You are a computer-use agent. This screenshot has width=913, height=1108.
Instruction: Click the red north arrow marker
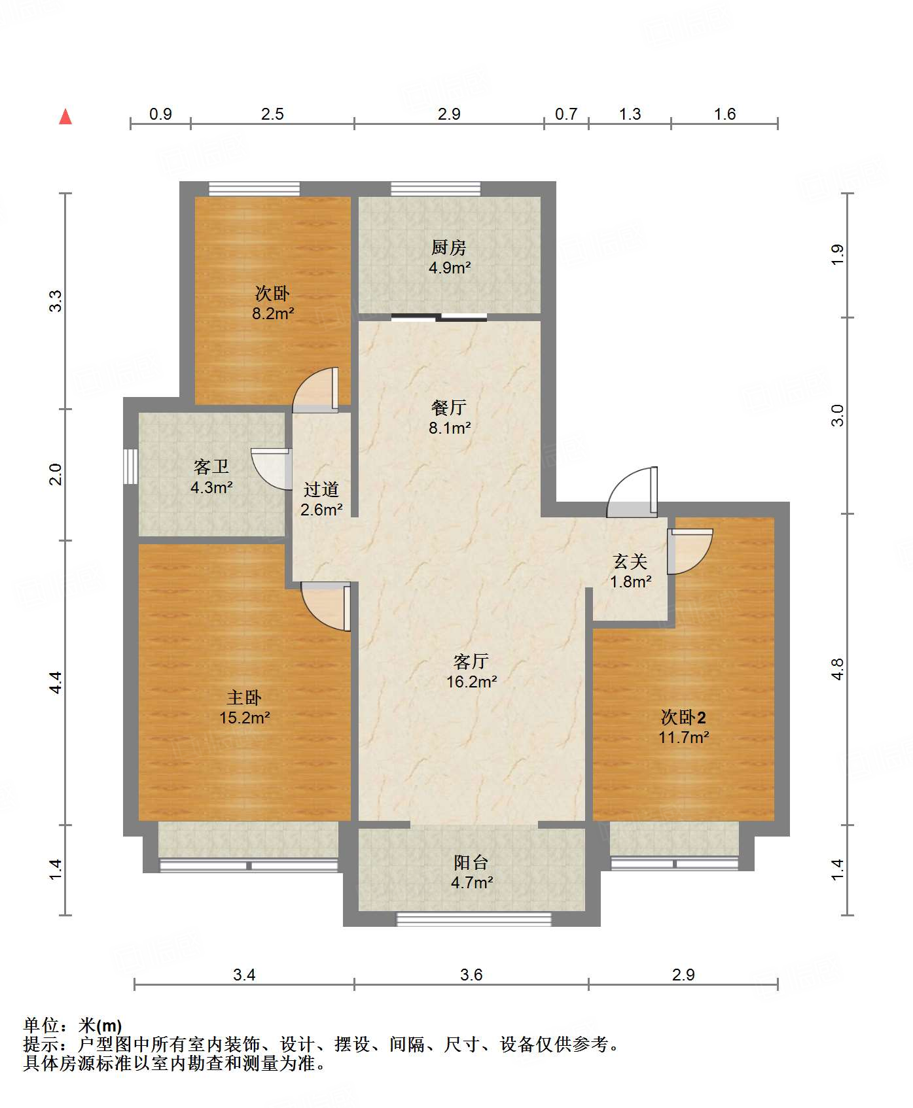(x=65, y=117)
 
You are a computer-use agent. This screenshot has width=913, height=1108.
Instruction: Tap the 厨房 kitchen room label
(x=449, y=248)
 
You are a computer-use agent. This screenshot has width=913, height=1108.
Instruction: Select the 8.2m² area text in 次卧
(x=273, y=313)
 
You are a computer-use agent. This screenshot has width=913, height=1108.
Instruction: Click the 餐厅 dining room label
(x=449, y=408)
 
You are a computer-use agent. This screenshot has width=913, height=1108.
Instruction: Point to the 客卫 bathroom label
(x=211, y=467)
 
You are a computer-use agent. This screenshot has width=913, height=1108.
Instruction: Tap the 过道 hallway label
(x=321, y=489)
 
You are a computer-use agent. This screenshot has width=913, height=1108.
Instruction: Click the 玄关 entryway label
(x=630, y=561)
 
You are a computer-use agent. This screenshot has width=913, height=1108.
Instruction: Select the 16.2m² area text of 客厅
(x=471, y=682)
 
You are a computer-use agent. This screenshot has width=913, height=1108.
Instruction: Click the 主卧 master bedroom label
(x=244, y=698)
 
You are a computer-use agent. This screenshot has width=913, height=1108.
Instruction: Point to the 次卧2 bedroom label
(x=683, y=718)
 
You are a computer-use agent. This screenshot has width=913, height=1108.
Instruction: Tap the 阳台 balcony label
(x=471, y=863)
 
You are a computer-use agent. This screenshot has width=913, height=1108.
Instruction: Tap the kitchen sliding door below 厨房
(x=439, y=318)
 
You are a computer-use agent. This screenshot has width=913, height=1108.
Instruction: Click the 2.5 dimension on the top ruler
(x=272, y=114)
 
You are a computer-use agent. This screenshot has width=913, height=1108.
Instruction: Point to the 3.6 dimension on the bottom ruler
(x=471, y=975)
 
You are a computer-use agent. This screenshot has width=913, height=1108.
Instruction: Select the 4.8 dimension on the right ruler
(x=838, y=669)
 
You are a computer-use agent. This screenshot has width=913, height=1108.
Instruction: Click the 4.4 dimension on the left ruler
(x=56, y=682)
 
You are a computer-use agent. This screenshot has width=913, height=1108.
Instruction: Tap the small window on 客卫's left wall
(x=131, y=466)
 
